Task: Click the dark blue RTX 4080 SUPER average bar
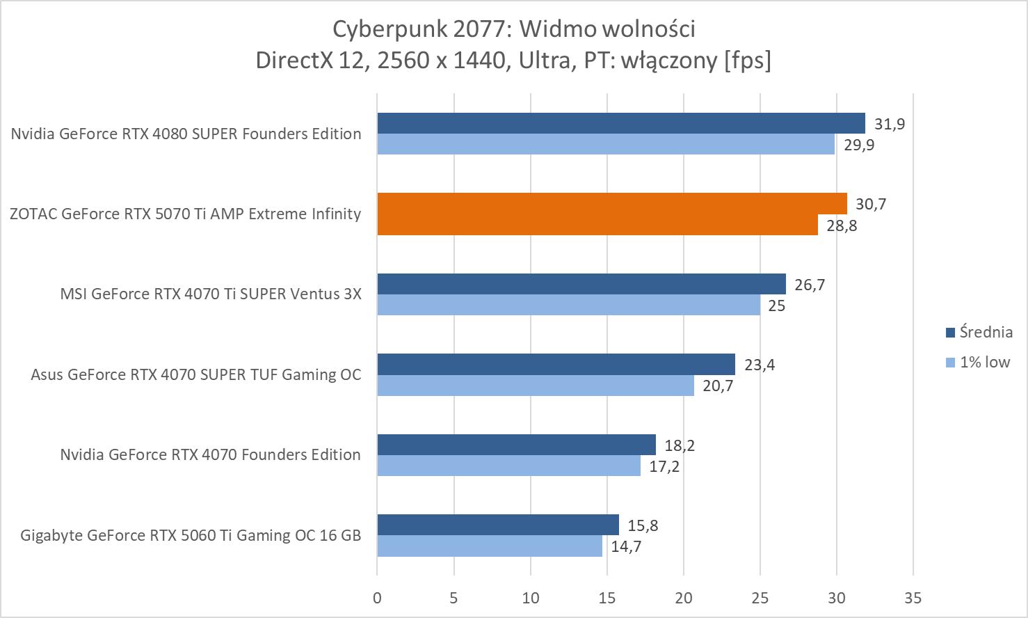coord(620,123)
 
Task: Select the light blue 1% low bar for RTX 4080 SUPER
coord(605,144)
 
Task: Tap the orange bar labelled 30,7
coord(612,203)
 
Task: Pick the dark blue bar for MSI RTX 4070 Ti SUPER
coord(581,284)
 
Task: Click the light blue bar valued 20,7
coord(536,386)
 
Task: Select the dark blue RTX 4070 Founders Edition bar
coord(516,445)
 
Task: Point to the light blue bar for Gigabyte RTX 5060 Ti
coord(490,546)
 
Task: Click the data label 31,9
coord(890,124)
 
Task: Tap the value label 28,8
coord(842,225)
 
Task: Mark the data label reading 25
coord(776,306)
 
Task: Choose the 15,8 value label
coord(643,525)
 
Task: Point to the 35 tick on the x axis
coord(913,598)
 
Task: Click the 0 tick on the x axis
coord(377,598)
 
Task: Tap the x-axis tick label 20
coord(684,598)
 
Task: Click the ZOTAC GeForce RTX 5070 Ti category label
coord(185,214)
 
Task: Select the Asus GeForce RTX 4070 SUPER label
coord(195,374)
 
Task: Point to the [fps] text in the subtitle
coord(747,60)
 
